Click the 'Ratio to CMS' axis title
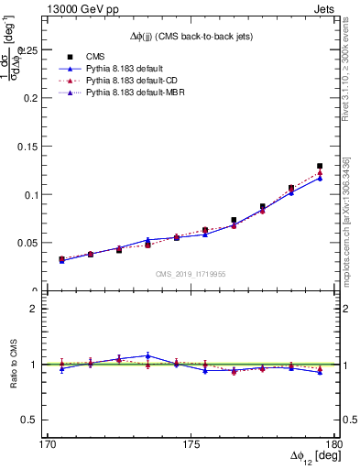[x=13, y=365]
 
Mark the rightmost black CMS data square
[x=320, y=167]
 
